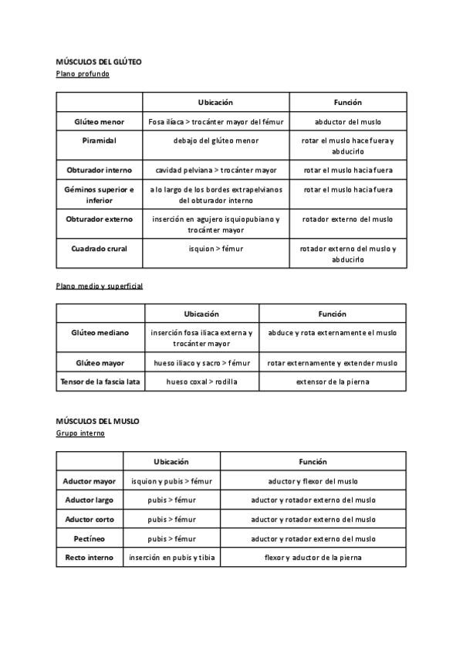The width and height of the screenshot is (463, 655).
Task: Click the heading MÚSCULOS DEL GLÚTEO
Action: [x=99, y=61]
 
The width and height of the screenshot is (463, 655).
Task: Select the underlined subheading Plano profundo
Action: [x=83, y=73]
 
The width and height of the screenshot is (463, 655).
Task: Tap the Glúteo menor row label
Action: [x=99, y=122]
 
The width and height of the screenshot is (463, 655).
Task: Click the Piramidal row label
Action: [x=99, y=141]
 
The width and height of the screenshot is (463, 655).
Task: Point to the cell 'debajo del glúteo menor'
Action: [x=216, y=141]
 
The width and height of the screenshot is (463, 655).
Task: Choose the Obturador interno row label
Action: [x=99, y=170]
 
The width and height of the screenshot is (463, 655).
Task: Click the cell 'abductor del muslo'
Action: [x=348, y=122]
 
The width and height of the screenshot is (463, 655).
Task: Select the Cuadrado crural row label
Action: [x=99, y=249]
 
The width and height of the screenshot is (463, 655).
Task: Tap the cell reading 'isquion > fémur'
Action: [x=216, y=249]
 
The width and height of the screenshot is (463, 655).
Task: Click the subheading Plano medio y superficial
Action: [x=100, y=286]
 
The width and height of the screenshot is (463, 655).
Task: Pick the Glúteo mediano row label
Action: [x=100, y=333]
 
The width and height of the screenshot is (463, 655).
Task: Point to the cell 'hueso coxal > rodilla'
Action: [x=201, y=382]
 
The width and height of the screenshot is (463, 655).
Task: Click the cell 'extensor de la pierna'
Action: [x=333, y=382]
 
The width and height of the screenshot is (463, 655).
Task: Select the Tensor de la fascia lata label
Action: [x=100, y=382]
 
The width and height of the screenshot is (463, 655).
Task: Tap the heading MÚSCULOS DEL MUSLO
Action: [x=97, y=421]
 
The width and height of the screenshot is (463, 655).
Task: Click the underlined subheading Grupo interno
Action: [x=80, y=433]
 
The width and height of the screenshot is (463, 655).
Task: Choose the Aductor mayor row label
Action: [x=89, y=481]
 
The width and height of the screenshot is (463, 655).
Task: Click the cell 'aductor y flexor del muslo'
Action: [x=313, y=481]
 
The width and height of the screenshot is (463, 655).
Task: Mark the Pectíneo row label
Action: [x=89, y=538]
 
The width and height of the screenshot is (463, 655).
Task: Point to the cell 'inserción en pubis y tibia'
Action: [x=171, y=557]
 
